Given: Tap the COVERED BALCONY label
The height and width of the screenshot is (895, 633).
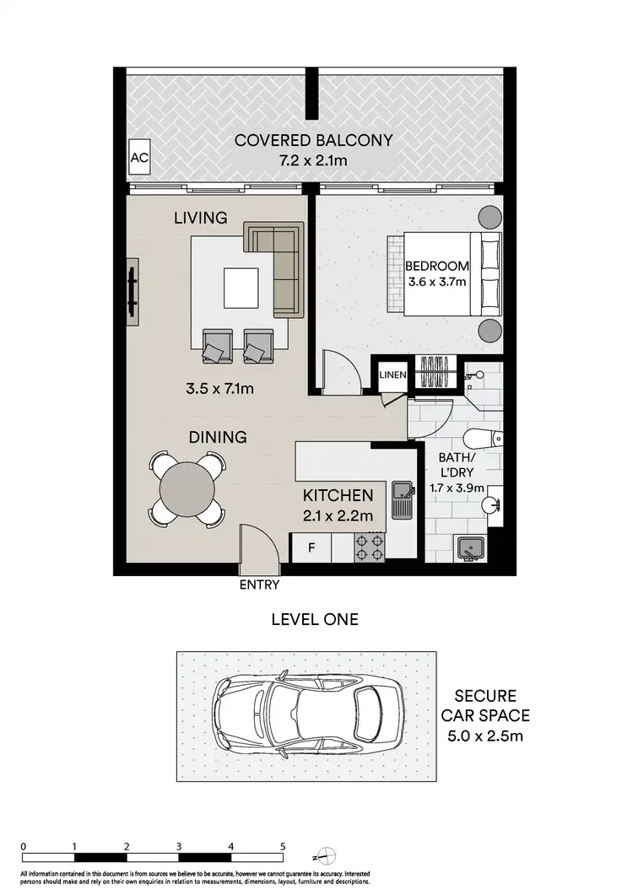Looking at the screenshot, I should (x=314, y=140).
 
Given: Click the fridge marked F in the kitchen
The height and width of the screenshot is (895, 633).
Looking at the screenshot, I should (x=311, y=547).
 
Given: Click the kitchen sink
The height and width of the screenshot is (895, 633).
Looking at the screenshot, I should (x=402, y=499).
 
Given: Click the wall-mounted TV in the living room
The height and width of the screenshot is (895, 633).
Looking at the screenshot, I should (x=133, y=288).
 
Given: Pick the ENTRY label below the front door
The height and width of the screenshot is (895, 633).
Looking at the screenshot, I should (x=259, y=584).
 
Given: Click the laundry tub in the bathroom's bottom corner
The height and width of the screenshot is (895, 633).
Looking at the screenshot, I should (x=470, y=548).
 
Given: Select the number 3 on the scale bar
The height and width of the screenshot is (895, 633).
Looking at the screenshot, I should (x=178, y=845).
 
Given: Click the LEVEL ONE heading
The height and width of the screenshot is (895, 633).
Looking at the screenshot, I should (x=314, y=619).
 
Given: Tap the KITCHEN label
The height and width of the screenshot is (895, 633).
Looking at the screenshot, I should (x=338, y=495).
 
